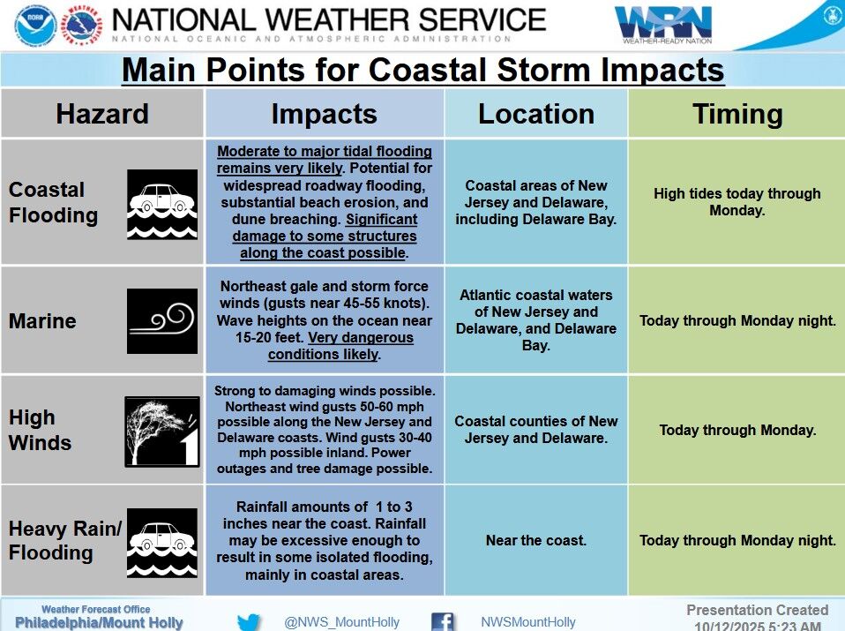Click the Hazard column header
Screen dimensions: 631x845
[102, 114]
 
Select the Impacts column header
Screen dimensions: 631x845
[324, 114]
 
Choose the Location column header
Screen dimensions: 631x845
[535, 114]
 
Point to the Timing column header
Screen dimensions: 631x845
[737, 114]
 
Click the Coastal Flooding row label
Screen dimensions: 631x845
[53, 203]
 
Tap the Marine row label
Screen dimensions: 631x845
[42, 321]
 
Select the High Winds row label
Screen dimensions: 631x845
[40, 430]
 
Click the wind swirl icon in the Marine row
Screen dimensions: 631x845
[162, 321]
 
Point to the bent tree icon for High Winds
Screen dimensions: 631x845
[162, 431]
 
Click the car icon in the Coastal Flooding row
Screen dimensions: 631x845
[162, 204]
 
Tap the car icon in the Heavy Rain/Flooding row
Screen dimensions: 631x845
[162, 541]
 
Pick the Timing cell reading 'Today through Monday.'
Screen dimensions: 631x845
[737, 431]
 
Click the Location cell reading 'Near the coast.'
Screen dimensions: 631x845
[535, 540]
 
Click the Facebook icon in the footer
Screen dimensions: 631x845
[443, 622]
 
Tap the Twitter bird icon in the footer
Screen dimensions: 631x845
[249, 622]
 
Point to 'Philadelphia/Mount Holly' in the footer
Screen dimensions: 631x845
[99, 623]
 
